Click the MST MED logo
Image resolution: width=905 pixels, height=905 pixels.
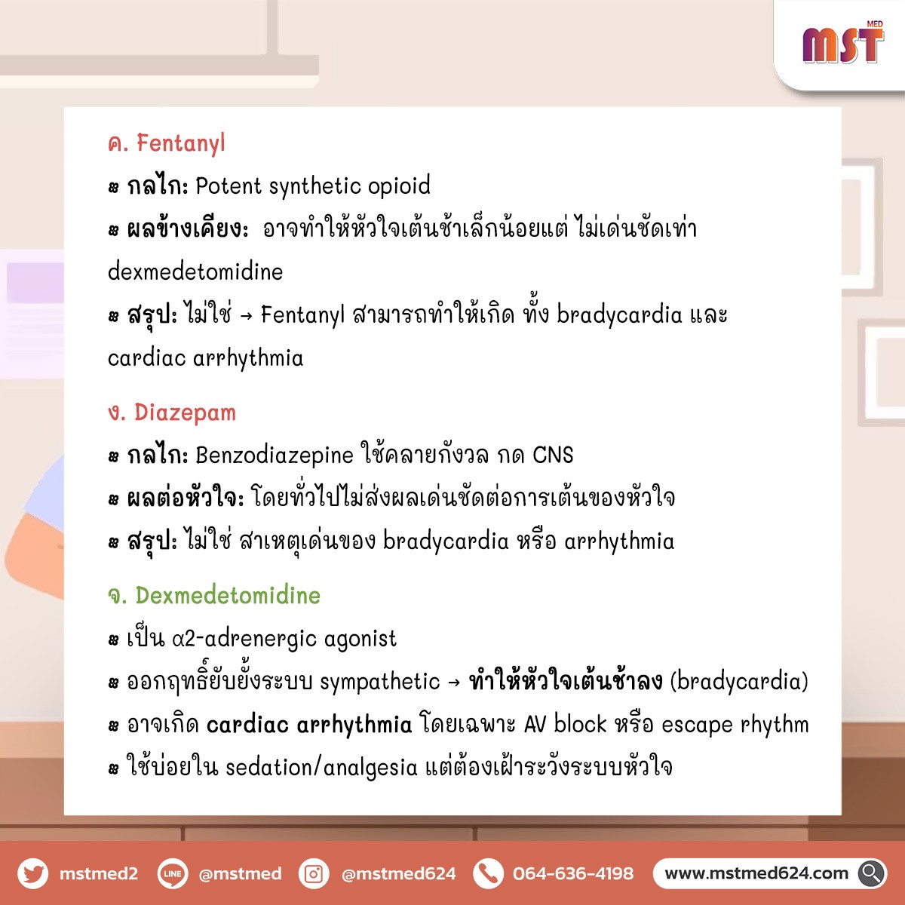click(x=843, y=43)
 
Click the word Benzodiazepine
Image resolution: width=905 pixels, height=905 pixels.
click(x=275, y=456)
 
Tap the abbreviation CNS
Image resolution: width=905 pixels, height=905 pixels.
click(x=553, y=455)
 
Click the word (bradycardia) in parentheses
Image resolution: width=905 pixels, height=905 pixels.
click(x=739, y=682)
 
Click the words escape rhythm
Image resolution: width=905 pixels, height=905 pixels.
click(x=735, y=725)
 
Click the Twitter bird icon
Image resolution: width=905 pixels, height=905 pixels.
click(x=33, y=873)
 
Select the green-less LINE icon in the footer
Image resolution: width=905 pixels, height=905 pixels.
click(x=173, y=873)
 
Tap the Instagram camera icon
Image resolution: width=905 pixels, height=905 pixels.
click(x=313, y=873)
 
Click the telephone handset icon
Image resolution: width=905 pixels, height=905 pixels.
click(x=489, y=873)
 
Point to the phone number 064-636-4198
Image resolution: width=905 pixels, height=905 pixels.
click(x=573, y=873)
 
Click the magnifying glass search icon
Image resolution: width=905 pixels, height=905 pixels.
click(x=872, y=873)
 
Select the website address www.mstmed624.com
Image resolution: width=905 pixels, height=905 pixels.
click(x=756, y=873)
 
